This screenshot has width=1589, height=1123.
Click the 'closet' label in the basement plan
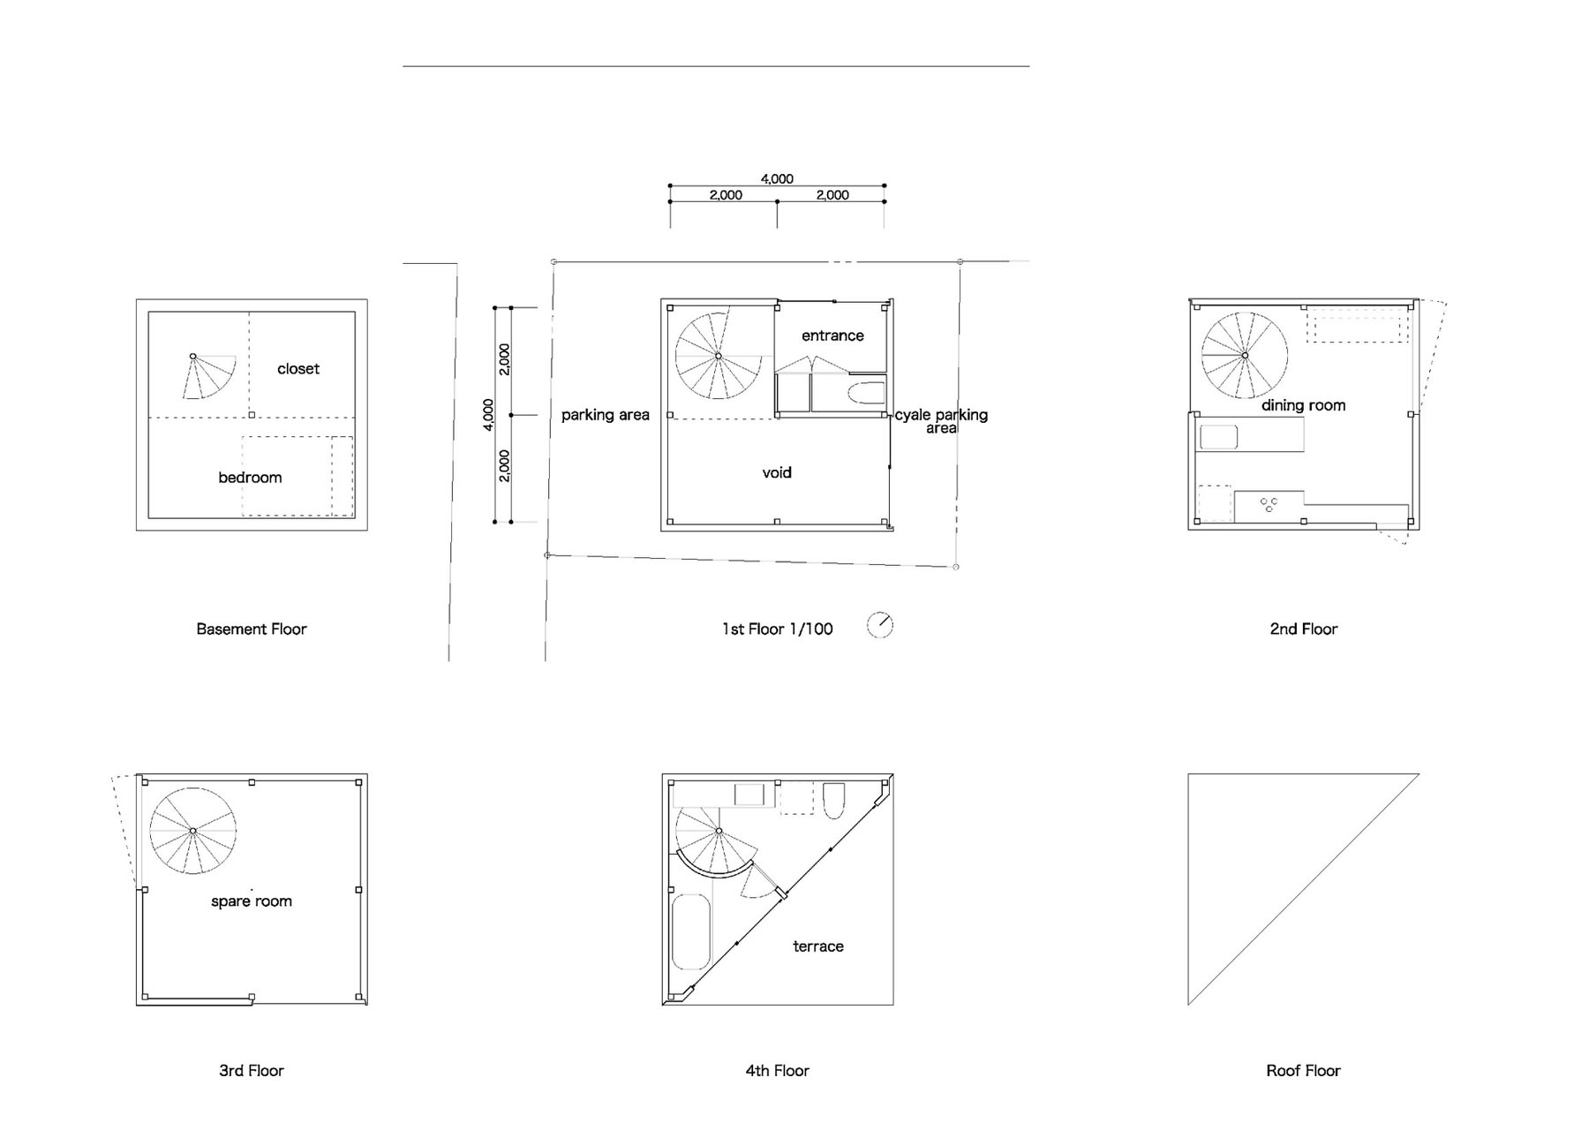(x=298, y=369)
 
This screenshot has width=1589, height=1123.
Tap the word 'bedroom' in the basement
(x=250, y=478)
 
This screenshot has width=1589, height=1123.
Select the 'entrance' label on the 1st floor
(x=832, y=335)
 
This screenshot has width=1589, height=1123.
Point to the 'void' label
(x=777, y=472)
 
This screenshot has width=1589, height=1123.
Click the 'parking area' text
(x=606, y=415)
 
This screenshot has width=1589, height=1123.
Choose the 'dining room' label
(x=1304, y=405)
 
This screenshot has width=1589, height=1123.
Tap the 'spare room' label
(x=252, y=901)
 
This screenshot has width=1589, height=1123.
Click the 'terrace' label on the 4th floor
(x=818, y=946)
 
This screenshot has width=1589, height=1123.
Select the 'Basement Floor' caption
(x=252, y=629)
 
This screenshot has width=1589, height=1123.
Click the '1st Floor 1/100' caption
(x=778, y=629)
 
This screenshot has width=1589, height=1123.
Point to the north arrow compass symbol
(x=880, y=625)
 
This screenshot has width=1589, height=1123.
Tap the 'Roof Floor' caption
(x=1304, y=1071)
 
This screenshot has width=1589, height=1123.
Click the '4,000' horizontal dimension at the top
(x=777, y=179)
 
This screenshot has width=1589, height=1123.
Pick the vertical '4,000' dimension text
(x=488, y=415)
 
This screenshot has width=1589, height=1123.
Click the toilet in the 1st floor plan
(x=866, y=394)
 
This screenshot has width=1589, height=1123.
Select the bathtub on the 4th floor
(x=692, y=932)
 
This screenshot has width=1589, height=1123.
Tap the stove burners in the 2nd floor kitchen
(x=1269, y=505)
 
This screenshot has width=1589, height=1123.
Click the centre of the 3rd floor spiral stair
(x=192, y=831)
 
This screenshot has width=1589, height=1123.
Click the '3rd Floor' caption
(x=252, y=1071)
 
